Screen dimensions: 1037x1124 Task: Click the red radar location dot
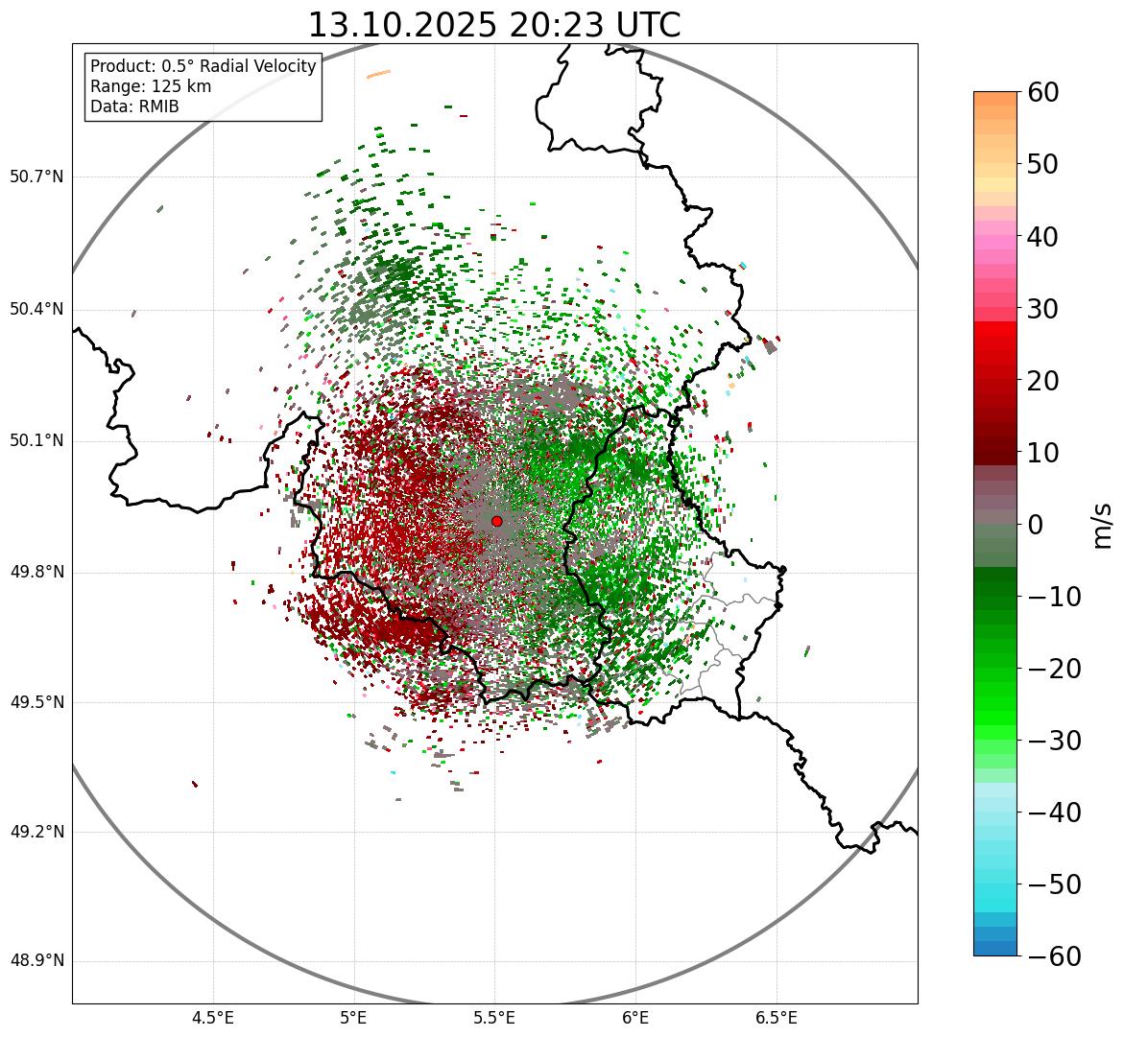click(x=496, y=521)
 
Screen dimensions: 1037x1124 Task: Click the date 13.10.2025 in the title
click(x=401, y=25)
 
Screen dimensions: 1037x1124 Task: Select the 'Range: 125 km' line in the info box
click(x=151, y=86)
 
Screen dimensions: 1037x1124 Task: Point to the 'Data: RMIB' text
click(x=134, y=106)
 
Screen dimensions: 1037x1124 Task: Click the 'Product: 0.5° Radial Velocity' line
click(x=203, y=66)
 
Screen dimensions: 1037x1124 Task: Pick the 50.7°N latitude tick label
click(x=36, y=177)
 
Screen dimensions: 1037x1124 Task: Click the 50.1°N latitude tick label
click(x=36, y=441)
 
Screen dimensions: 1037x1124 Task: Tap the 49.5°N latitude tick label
click(x=36, y=702)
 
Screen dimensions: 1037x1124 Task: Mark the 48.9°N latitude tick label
click(x=36, y=961)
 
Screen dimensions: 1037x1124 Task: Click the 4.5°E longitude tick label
click(x=213, y=1018)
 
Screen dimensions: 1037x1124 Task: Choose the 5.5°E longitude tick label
click(x=494, y=1018)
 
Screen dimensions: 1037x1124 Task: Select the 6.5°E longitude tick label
click(x=776, y=1018)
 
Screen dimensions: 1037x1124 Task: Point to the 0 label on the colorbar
click(x=1035, y=525)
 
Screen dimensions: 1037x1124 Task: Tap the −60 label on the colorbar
click(x=1054, y=956)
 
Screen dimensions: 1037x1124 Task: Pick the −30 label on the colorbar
click(x=1054, y=741)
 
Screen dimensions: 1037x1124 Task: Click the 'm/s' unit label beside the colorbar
click(x=1102, y=524)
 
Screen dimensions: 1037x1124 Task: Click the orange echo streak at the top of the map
click(x=379, y=74)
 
